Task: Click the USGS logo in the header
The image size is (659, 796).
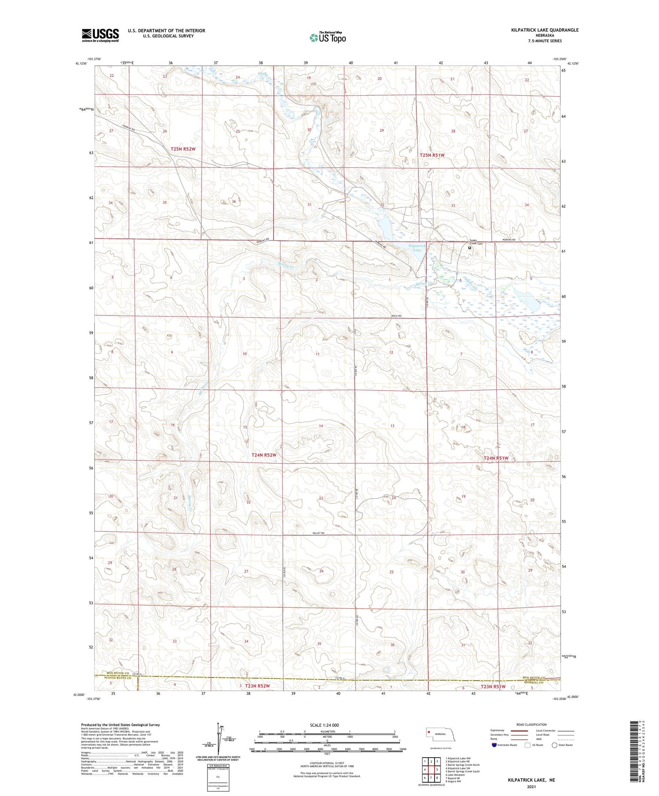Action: (x=100, y=35)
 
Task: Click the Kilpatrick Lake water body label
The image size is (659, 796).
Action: (x=416, y=248)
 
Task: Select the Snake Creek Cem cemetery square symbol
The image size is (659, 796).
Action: (x=469, y=248)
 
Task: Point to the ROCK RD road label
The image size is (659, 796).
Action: (x=396, y=316)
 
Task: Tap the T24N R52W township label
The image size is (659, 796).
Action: (x=264, y=455)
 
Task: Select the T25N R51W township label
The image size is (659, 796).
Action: (x=431, y=155)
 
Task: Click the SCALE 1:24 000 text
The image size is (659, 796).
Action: (x=324, y=725)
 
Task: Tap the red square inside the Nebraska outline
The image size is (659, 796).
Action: (x=429, y=733)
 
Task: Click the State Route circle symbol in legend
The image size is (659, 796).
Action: (x=555, y=745)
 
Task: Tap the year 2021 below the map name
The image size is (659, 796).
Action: (x=531, y=787)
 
